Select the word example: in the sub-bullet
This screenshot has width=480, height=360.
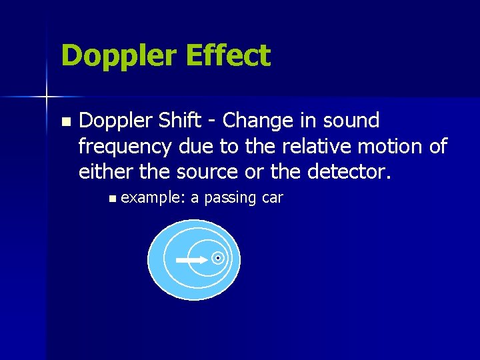(x=153, y=198)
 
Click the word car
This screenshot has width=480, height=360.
(x=273, y=198)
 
